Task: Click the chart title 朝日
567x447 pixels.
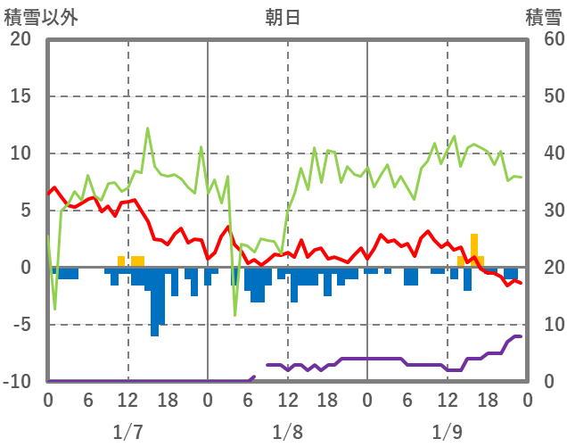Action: coord(283,17)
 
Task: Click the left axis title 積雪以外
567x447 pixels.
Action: coord(41,17)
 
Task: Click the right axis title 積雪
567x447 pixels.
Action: coord(542,17)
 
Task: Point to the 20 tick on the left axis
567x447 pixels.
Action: coord(21,39)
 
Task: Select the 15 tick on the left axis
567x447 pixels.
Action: coord(21,96)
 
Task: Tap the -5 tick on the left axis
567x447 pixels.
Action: coord(21,325)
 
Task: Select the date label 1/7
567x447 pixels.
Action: coord(127,432)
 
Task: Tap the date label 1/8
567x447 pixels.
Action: coord(287,432)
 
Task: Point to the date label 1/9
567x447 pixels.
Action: coord(447,432)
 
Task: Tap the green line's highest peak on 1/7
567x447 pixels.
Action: coord(148,128)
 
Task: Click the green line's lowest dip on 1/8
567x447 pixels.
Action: coord(235,315)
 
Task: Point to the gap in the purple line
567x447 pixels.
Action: coord(260,371)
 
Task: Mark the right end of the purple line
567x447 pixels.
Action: coord(520,336)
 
